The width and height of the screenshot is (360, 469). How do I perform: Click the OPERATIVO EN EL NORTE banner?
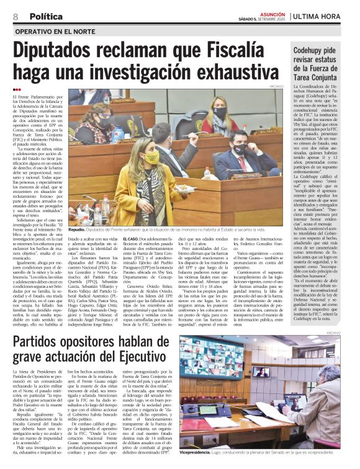tap(56, 30)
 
